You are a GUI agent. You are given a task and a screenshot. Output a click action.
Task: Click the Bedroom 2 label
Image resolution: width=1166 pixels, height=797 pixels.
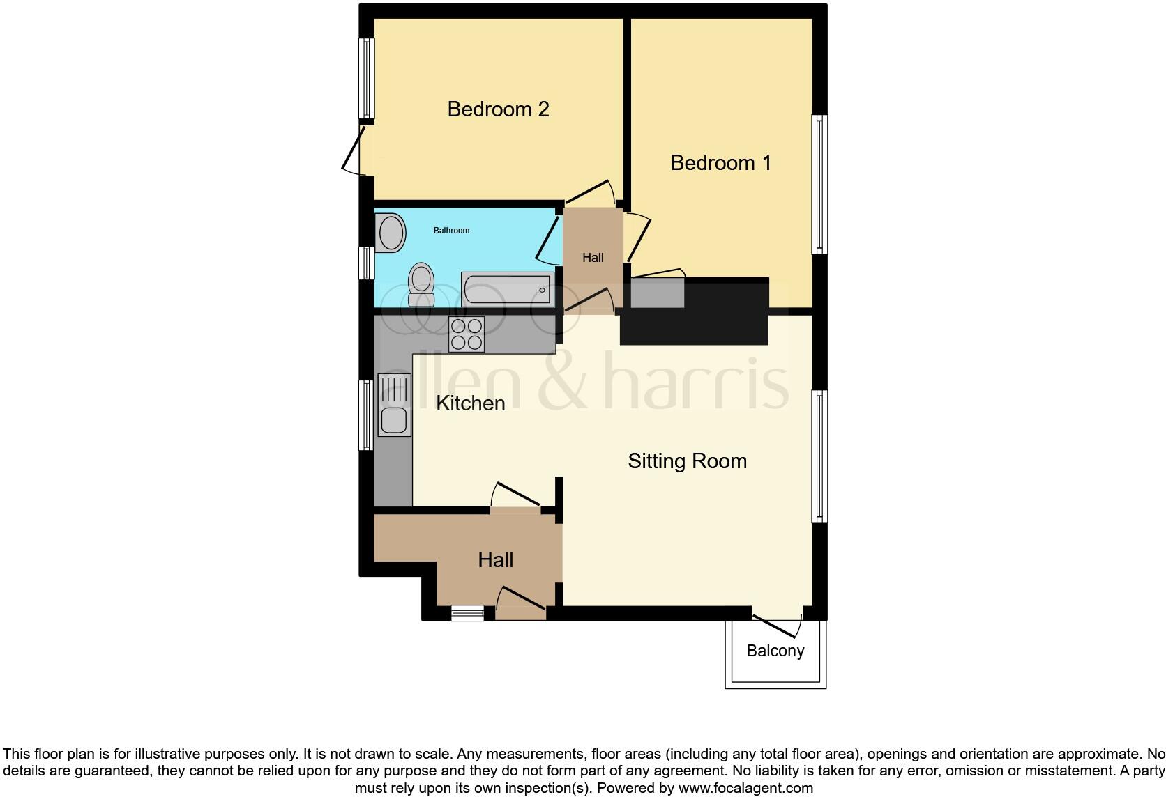point(498,109)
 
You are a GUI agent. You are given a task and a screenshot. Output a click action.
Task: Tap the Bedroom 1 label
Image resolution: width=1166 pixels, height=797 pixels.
point(720,163)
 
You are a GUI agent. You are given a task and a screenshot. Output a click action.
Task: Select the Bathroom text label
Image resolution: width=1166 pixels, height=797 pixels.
point(451,231)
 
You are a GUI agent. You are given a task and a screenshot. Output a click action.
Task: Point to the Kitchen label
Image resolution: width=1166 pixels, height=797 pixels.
point(470,403)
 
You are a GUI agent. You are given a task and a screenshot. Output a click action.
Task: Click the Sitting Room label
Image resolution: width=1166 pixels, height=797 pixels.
point(687,461)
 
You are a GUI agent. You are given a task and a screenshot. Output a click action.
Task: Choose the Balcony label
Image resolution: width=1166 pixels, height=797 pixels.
point(775,651)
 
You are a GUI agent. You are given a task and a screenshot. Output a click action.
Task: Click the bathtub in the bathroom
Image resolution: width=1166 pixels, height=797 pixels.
point(507,289)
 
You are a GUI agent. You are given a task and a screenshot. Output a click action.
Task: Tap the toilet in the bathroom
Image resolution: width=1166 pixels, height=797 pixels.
point(421,284)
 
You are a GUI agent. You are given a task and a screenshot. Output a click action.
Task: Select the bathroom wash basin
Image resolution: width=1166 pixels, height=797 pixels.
point(391,233)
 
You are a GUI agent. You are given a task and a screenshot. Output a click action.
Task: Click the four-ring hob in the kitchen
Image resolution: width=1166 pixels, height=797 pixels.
point(467,334)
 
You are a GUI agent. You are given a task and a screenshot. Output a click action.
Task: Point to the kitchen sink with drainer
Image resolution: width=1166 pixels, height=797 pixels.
point(394,405)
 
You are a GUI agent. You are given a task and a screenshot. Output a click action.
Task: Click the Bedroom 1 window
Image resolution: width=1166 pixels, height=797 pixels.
point(819,184)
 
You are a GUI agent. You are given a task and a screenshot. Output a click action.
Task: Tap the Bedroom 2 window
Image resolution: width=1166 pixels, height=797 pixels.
point(366,78)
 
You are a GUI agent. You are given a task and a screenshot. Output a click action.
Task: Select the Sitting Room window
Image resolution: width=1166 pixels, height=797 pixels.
point(819,456)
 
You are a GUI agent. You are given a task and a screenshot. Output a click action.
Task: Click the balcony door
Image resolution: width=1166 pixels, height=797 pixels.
point(775,624)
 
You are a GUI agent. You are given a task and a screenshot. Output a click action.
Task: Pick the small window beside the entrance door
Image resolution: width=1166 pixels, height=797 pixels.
point(467,613)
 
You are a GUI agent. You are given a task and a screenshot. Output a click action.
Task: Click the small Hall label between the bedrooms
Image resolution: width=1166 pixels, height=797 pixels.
point(593,258)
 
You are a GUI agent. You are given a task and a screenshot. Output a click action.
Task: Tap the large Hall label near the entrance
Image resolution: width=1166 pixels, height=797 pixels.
point(496,560)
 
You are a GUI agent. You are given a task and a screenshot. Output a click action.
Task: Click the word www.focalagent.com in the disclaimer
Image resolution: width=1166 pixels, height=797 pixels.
point(745,788)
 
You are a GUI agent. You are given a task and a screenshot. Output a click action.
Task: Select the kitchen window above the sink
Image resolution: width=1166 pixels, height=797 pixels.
point(366,415)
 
